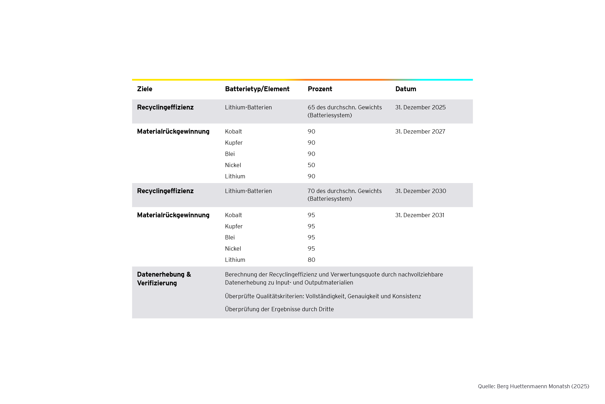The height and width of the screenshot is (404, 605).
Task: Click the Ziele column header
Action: pyautogui.click(x=145, y=89)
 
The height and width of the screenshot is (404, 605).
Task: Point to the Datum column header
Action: pyautogui.click(x=406, y=89)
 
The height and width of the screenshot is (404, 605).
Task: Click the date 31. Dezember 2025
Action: pyautogui.click(x=420, y=107)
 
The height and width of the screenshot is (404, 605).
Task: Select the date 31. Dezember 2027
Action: pyautogui.click(x=420, y=132)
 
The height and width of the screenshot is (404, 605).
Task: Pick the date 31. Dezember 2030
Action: pyautogui.click(x=421, y=191)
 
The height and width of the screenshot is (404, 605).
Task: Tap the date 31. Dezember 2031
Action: pyautogui.click(x=420, y=215)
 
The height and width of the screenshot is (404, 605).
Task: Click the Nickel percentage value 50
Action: pyautogui.click(x=311, y=165)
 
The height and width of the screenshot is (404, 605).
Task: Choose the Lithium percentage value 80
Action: pyautogui.click(x=311, y=260)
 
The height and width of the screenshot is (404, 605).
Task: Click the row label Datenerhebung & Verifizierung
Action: pyautogui.click(x=164, y=279)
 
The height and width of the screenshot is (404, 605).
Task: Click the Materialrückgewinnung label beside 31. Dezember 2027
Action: pyautogui.click(x=173, y=132)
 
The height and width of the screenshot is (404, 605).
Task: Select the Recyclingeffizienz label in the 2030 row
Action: pyautogui.click(x=165, y=191)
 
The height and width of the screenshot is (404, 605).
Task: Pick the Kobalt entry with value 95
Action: pyautogui.click(x=233, y=215)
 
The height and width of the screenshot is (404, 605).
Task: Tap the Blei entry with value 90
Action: pyautogui.click(x=230, y=154)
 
